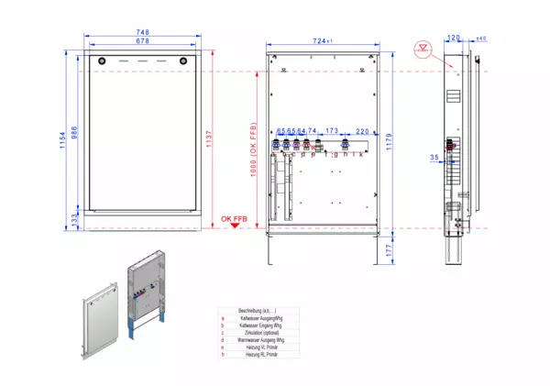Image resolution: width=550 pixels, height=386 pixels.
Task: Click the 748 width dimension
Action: tap(142, 32)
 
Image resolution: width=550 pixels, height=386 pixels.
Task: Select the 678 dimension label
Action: tap(142, 41)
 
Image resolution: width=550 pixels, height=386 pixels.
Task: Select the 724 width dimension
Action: tap(318, 41)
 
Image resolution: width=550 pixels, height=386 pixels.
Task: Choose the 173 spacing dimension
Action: tap(332, 132)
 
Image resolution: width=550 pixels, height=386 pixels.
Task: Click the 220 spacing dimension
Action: tap(362, 132)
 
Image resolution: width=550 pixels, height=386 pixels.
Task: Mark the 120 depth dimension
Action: tap(453, 39)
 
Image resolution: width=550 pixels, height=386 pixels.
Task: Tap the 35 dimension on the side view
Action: tap(434, 158)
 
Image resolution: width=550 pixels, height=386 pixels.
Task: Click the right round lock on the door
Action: tap(184, 59)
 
